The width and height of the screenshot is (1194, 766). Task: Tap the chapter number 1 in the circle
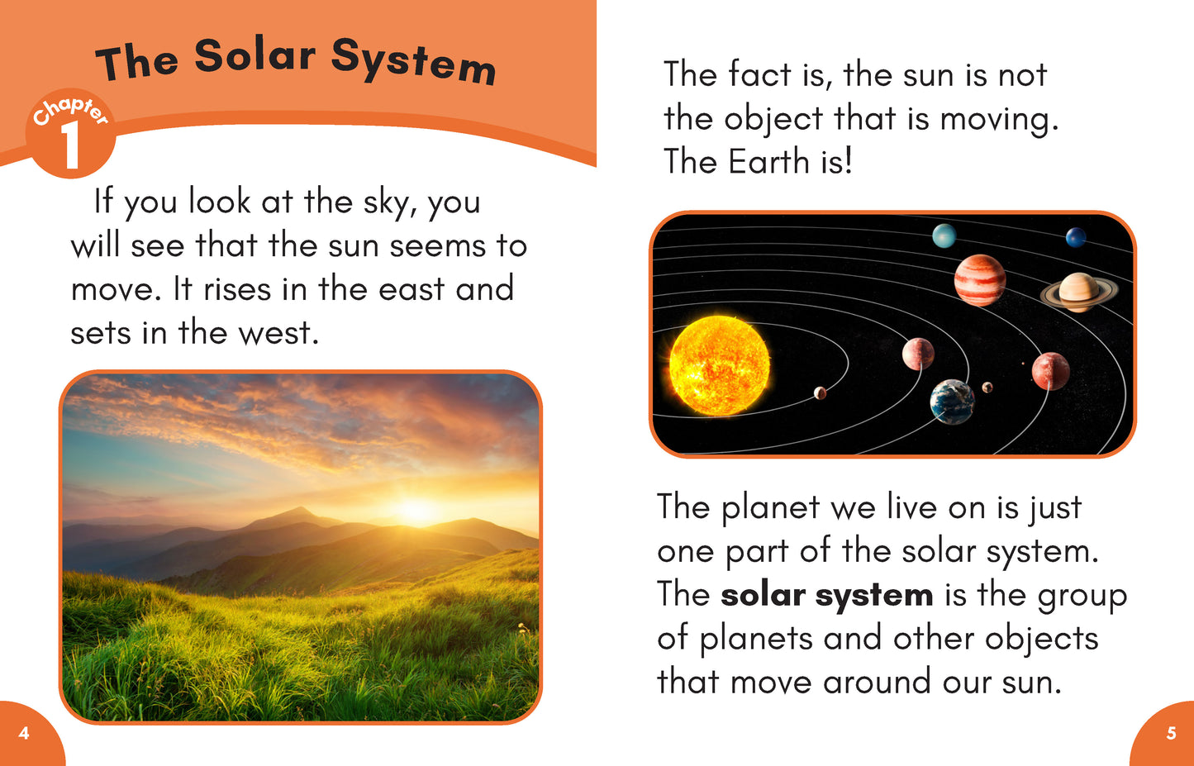[71, 145]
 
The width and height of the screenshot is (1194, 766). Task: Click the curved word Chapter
[71, 111]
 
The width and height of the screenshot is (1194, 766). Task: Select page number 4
[24, 733]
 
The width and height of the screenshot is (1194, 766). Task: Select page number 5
[1171, 733]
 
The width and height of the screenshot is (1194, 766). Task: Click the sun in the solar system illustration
[719, 366]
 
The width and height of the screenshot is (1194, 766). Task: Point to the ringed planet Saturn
[1079, 293]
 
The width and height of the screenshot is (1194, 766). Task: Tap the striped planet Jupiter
[980, 280]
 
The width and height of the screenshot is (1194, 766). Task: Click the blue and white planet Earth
[952, 402]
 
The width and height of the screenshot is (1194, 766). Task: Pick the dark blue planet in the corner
[1076, 237]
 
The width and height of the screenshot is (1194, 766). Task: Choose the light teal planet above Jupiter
[944, 236]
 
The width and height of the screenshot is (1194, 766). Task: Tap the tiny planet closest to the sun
[820, 393]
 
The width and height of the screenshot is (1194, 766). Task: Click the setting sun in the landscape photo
[416, 508]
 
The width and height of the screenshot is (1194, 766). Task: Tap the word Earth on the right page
[768, 161]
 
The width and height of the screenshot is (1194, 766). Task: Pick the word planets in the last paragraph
[756, 640]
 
